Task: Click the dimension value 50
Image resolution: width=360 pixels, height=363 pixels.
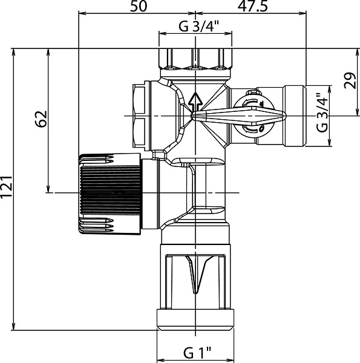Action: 139,6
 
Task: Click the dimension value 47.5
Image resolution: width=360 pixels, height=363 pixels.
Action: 252,6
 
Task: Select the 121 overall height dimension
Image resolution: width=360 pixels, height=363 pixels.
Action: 6,187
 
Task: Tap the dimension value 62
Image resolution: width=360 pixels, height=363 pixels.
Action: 41,119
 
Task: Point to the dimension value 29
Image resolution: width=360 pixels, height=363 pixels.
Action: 350,80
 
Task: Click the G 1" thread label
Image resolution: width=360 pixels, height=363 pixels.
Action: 197,353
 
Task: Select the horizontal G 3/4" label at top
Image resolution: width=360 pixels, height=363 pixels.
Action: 198,26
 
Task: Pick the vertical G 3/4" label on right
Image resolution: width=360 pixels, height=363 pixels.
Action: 322,113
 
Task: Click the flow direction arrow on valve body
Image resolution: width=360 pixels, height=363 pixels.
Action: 195,102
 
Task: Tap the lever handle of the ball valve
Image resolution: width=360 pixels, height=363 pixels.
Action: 238,116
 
